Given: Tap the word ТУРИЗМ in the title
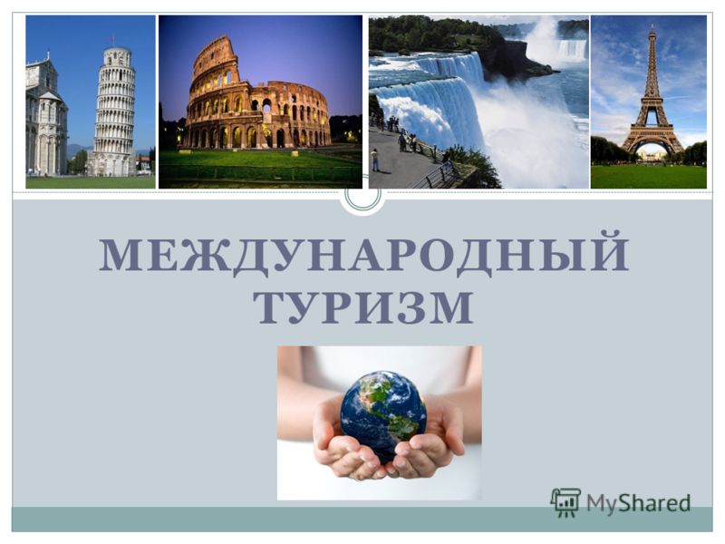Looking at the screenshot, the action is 363,307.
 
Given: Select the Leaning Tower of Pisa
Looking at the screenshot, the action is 113,111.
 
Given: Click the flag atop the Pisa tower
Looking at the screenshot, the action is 112,39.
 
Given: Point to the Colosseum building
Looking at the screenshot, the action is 257,100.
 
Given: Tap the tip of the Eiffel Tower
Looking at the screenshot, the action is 652,25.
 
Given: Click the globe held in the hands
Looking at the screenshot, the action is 383,414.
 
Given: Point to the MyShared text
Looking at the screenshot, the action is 639,502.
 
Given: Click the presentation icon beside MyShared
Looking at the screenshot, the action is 565,502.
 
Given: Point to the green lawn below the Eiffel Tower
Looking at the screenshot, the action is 648,177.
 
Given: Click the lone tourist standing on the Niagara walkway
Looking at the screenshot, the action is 375,160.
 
